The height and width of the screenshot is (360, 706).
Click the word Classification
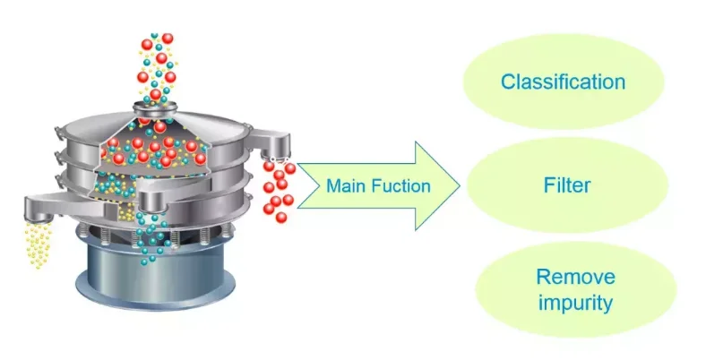[x=563, y=82]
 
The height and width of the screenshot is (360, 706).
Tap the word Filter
[x=567, y=187]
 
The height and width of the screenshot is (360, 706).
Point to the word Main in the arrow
[x=345, y=186]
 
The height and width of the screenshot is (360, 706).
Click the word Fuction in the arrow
[x=400, y=186]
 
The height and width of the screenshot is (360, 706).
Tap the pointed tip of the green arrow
[x=459, y=186]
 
